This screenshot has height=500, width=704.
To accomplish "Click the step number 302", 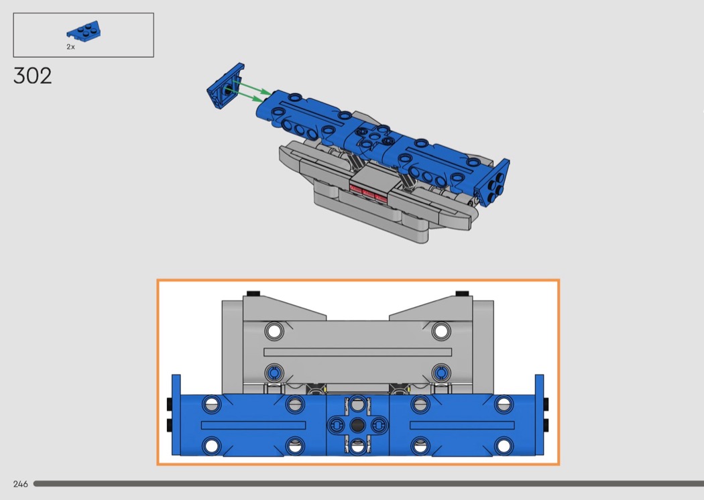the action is pos(32,76).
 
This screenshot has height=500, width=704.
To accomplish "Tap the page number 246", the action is pos(21,484).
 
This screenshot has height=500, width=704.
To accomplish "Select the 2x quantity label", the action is pos(70,47).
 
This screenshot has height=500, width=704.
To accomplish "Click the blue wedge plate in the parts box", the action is pos(84,31).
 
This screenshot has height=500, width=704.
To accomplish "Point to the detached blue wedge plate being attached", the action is pos(225,86).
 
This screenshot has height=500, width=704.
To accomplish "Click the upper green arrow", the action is pos(252,88).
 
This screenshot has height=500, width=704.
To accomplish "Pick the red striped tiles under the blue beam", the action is pos(368,194).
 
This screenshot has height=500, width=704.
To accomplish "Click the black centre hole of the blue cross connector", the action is pos(357,425).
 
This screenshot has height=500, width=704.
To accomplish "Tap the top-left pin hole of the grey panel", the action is pos(274,331).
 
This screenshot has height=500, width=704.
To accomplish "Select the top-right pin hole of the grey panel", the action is pos(441,331).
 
